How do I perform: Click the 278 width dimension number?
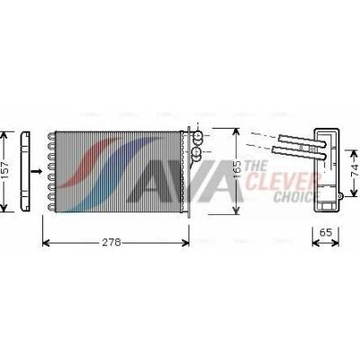click(112, 242)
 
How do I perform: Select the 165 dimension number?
click(237, 171)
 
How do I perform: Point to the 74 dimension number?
click(355, 170)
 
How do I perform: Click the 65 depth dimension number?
click(325, 232)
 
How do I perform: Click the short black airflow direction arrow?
click(37, 171)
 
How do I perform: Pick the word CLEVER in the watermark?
click(280, 181)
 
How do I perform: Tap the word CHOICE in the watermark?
click(292, 196)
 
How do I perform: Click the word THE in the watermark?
click(256, 166)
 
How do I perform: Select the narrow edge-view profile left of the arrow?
click(24, 171)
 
